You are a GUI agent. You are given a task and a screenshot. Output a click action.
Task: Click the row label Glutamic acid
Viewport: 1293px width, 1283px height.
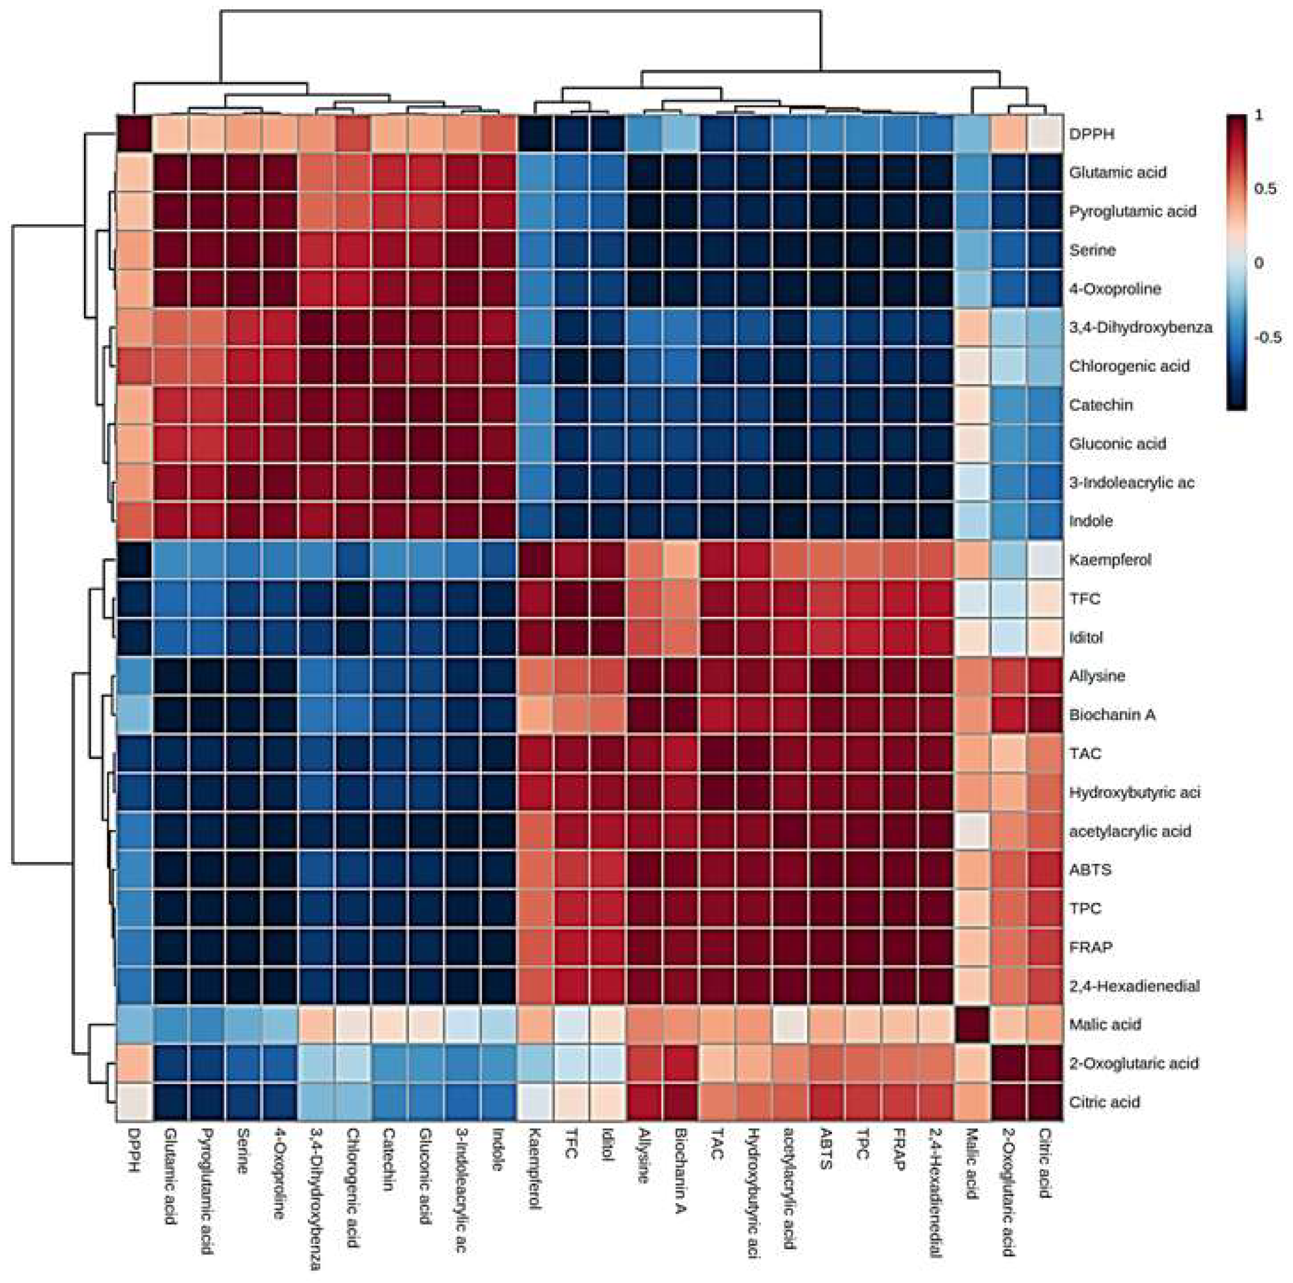pyautogui.click(x=1117, y=173)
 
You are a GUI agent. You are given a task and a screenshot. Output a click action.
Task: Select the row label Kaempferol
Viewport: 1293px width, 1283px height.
pyautogui.click(x=1109, y=560)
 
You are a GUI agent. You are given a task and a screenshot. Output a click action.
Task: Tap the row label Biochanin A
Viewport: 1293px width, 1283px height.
pyautogui.click(x=1112, y=715)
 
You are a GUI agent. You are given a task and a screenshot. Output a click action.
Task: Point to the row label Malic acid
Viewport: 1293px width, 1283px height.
pyautogui.click(x=1104, y=1024)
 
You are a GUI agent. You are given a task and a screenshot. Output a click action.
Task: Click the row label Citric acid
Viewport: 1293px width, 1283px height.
pyautogui.click(x=1104, y=1102)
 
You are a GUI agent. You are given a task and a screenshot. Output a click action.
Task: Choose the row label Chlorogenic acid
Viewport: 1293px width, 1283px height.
pyautogui.click(x=1129, y=366)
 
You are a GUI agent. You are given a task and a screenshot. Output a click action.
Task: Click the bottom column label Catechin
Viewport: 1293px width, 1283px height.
pyautogui.click(x=388, y=1169)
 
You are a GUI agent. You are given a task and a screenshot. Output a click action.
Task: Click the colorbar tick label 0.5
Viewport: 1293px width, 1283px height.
pyautogui.click(x=1265, y=189)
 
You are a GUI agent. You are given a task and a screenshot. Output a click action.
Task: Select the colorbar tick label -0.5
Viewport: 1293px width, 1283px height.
pyautogui.click(x=1267, y=337)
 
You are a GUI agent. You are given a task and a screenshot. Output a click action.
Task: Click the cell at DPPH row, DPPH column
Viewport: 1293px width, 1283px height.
pyautogui.click(x=135, y=134)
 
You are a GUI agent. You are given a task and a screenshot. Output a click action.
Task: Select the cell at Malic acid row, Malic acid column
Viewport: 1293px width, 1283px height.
pyautogui.click(x=972, y=1024)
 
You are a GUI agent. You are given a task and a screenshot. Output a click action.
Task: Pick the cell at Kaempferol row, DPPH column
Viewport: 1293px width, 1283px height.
pyautogui.click(x=135, y=560)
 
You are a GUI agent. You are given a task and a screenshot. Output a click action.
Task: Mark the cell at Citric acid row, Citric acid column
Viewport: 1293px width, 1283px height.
pyautogui.click(x=1045, y=1102)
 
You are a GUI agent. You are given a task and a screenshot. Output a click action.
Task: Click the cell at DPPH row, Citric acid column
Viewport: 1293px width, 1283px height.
pyautogui.click(x=1045, y=134)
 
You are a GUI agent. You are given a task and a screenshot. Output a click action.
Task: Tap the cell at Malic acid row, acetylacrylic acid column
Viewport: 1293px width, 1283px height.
pyautogui.click(x=790, y=1024)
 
